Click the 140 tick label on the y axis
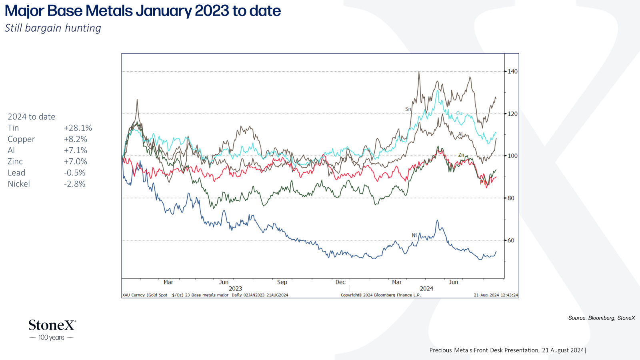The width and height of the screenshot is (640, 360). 512,72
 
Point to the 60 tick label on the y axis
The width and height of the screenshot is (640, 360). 511,240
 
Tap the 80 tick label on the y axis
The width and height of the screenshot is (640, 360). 511,198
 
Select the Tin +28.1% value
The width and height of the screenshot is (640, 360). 78,128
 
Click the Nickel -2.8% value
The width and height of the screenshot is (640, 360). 75,184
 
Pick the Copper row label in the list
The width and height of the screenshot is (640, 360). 21,140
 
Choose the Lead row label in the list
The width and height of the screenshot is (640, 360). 16,173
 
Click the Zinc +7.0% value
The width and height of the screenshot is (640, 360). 76,162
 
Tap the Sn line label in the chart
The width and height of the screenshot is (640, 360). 408,109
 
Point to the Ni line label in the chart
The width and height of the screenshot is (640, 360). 414,236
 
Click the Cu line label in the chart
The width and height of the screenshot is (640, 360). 459,114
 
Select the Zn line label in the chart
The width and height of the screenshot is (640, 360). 461,155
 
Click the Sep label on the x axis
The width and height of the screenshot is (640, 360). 282,282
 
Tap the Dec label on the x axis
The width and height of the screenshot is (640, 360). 340,282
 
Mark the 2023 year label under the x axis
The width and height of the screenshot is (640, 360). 236,289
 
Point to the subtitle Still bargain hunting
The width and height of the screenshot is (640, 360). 53,28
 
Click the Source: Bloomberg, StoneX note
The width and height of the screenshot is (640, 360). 602,318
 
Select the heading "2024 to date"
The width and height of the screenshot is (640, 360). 32,117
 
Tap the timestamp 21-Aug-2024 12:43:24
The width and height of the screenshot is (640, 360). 496,295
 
